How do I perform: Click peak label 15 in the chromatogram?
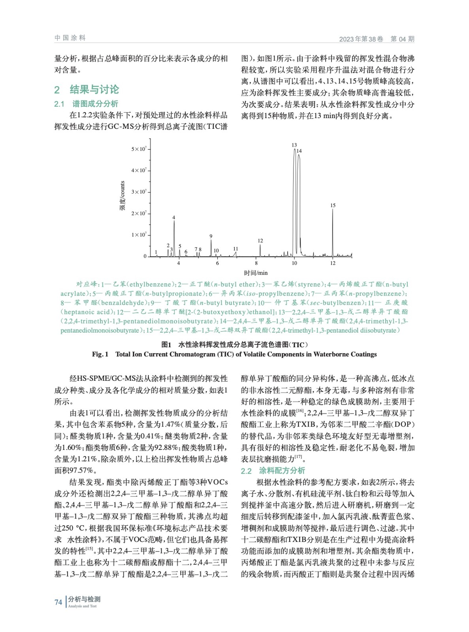[x=333, y=205]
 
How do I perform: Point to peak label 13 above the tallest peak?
[x=294, y=145]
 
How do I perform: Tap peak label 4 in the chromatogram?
[x=173, y=218]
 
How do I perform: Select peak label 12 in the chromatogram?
[x=260, y=241]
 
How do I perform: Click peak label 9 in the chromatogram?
[x=211, y=236]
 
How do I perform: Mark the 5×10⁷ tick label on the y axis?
[x=139, y=149]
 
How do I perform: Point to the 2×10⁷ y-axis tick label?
[x=139, y=213]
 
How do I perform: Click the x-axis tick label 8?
[x=256, y=263]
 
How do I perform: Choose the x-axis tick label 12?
[x=333, y=263]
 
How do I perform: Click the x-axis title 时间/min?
[x=256, y=273]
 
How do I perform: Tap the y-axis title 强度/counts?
[x=122, y=196]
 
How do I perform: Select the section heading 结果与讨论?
[x=94, y=90]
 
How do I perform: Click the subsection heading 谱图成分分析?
[x=95, y=104]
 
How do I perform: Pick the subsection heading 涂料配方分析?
[x=282, y=470]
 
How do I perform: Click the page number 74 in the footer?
[x=58, y=602]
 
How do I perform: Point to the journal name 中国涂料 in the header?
[x=70, y=38]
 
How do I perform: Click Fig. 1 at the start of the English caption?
[x=100, y=354]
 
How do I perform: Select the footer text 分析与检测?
[x=84, y=599]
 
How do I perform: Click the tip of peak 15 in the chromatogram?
[x=333, y=209]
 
